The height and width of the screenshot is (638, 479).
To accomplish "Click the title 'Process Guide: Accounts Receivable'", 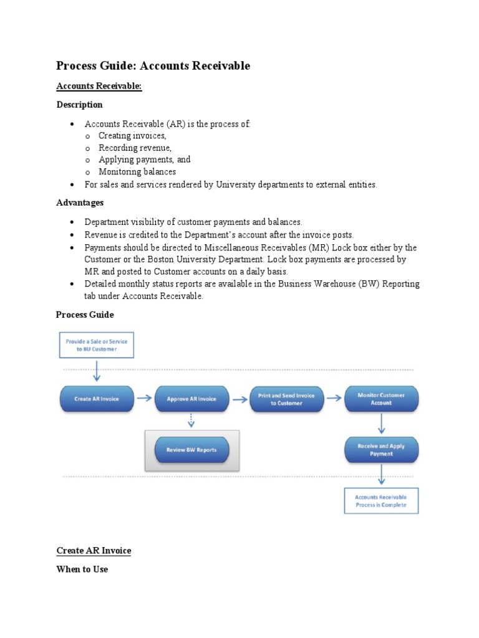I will [153, 66].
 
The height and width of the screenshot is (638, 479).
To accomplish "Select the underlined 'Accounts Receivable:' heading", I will [99, 86].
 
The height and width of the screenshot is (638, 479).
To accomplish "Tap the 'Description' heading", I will [79, 105].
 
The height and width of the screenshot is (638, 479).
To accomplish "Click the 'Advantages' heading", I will [80, 202].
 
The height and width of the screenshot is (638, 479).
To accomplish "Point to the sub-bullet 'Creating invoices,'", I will [132, 136].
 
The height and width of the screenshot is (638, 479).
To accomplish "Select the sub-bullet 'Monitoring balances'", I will [137, 171].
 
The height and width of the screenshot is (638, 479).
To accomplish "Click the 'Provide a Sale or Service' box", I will [97, 346].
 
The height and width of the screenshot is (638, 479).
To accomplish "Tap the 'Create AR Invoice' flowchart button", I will [97, 399].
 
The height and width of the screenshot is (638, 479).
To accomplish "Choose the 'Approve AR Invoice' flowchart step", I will [191, 399].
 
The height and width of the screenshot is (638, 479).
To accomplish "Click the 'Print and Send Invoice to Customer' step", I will [287, 399].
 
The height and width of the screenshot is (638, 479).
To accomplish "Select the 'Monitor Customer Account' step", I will [381, 399].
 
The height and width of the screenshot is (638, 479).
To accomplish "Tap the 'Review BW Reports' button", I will [191, 449].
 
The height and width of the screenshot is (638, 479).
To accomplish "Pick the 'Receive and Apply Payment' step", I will [381, 450].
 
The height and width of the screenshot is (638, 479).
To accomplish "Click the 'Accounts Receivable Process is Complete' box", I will [381, 501].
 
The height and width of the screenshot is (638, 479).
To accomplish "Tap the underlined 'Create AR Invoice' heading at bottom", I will [94, 551].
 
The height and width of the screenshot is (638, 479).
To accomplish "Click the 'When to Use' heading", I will [82, 569].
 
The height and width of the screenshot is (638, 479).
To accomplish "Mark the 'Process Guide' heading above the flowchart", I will [85, 315].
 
